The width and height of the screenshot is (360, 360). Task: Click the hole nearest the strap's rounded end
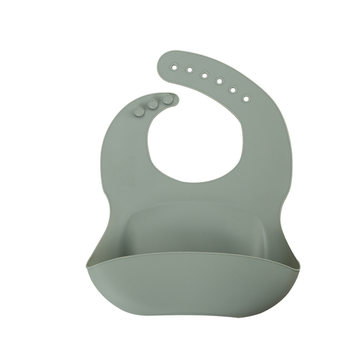(x=174, y=66)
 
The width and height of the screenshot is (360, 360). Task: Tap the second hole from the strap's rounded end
(x=190, y=70)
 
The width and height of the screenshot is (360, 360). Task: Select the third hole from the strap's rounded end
(x=204, y=75)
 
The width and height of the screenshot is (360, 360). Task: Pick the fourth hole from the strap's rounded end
(x=219, y=81)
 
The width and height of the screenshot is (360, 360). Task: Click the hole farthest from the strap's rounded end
(x=245, y=98)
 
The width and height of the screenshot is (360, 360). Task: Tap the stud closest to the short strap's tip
(x=166, y=98)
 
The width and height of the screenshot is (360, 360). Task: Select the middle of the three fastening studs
(x=152, y=103)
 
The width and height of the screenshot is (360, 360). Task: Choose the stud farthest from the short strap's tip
(x=139, y=111)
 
